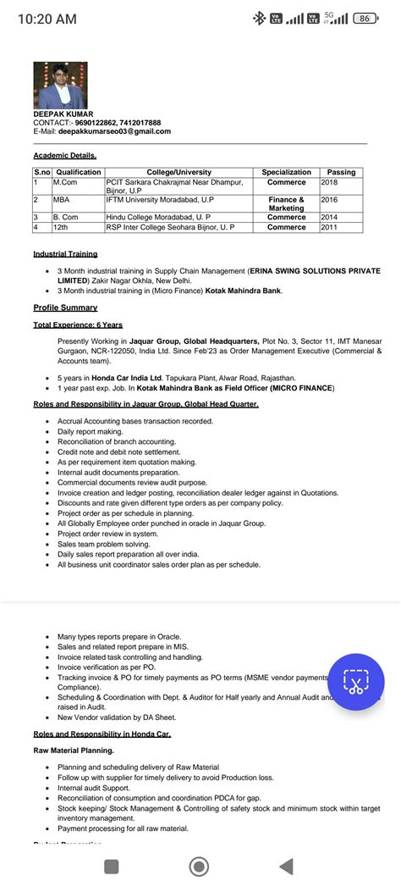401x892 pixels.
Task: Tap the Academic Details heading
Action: click(65, 156)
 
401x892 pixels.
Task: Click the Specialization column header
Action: click(286, 172)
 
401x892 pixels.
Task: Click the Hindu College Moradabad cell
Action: click(169, 218)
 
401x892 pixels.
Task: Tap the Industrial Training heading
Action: click(65, 253)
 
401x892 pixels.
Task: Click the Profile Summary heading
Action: click(65, 307)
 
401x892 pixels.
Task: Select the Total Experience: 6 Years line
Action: click(78, 324)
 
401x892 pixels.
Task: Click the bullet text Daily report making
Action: click(90, 431)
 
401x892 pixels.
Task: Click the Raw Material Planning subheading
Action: click(73, 751)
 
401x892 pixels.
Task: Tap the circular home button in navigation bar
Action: click(200, 866)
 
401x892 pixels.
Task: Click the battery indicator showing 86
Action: click(365, 19)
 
